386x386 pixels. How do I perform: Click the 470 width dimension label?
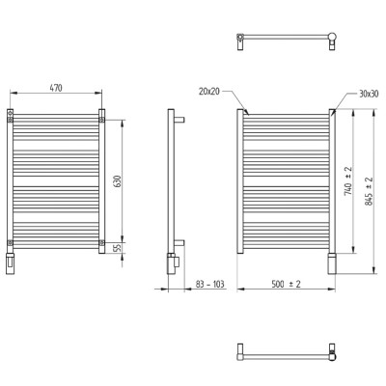coord(56,88)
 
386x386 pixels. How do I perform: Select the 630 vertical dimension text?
coord(118,182)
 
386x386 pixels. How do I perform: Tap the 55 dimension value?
coord(118,248)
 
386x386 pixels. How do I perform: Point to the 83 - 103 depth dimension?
coord(209,284)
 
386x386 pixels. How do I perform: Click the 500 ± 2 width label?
coord(286,284)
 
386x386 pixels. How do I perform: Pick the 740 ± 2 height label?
coord(347,180)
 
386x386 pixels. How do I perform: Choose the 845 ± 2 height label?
coord(369,191)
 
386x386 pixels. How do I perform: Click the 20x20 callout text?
coord(209,92)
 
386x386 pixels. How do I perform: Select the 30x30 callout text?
coord(369,94)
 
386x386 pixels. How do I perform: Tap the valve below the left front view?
coord(11,263)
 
